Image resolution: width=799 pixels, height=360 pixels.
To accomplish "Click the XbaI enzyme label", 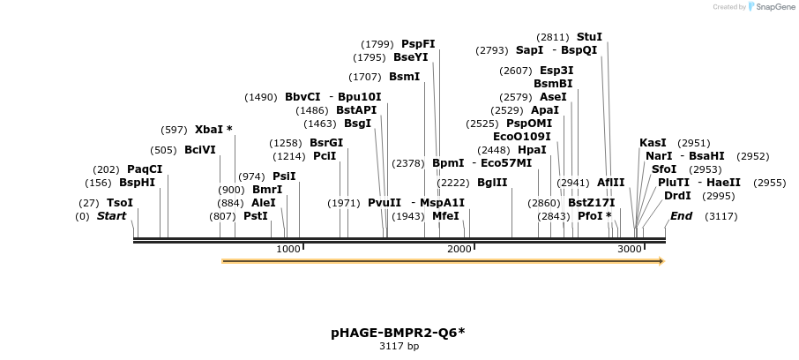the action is (x=209, y=130).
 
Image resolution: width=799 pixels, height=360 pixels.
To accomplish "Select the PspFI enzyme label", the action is (x=418, y=44).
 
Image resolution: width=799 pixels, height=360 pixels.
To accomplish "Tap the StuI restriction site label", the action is (x=589, y=37).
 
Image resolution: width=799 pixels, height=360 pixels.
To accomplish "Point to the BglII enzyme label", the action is (x=492, y=183).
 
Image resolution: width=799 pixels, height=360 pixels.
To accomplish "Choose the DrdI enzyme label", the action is (x=677, y=196).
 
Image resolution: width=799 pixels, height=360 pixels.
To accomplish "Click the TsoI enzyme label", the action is (x=120, y=203).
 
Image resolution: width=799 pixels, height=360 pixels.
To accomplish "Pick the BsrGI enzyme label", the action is (x=326, y=143).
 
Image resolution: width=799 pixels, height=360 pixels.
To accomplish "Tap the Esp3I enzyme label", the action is (x=556, y=71).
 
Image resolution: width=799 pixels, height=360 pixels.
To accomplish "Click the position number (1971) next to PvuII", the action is (x=344, y=203).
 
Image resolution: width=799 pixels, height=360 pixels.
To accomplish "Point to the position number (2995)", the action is (x=720, y=196).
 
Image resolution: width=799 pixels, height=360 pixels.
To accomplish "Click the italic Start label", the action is (x=111, y=216).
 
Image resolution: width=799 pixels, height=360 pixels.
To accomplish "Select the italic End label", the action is (x=681, y=216).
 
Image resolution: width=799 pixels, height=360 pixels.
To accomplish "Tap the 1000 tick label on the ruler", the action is (x=288, y=250).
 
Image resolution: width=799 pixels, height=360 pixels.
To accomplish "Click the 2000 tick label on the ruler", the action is (x=459, y=250).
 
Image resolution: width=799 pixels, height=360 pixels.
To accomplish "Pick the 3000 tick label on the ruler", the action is (x=630, y=250).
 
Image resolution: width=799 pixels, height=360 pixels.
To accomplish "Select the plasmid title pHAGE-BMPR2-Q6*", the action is (x=399, y=333).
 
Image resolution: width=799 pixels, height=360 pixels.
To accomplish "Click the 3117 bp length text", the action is (x=399, y=347).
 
